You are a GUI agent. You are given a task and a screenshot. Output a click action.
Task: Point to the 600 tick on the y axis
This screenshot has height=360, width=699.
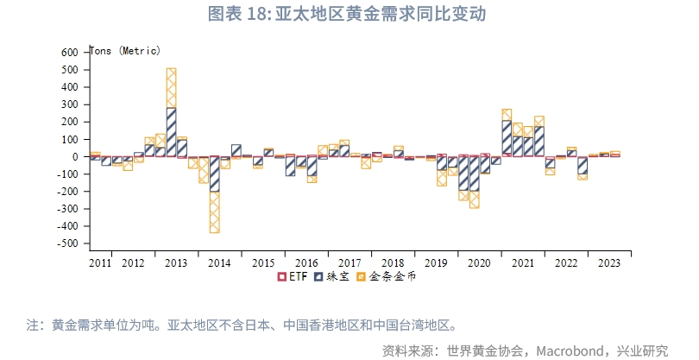(x=69, y=53)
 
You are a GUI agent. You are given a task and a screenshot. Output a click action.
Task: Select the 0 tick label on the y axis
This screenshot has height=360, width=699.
(x=75, y=157)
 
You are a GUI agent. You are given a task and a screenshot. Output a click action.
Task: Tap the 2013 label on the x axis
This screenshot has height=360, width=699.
(x=176, y=263)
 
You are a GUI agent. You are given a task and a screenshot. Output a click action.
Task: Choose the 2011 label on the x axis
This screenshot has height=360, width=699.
(x=100, y=263)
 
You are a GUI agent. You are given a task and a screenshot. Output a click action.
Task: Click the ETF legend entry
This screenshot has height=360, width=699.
(x=293, y=277)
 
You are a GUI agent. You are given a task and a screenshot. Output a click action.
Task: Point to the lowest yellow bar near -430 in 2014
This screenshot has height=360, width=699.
(x=214, y=212)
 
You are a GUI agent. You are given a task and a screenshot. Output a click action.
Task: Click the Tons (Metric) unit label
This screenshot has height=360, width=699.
(x=125, y=51)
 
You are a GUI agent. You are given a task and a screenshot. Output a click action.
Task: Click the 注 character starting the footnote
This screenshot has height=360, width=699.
(x=33, y=325)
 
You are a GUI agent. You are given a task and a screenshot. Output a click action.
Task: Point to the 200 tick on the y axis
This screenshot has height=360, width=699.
(x=69, y=122)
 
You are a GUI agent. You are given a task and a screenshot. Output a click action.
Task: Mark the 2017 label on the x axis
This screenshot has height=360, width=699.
(x=349, y=263)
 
